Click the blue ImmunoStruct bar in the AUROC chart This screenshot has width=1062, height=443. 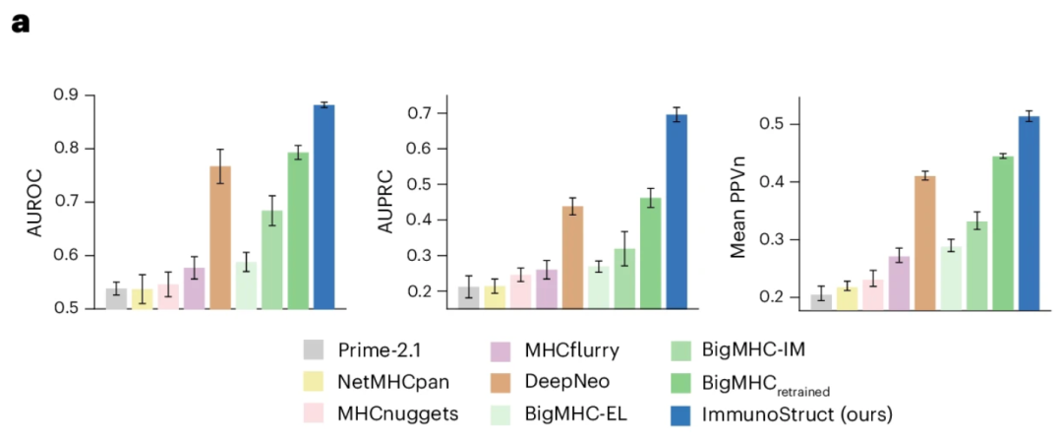click(x=324, y=207)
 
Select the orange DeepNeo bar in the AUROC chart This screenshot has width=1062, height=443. click(x=220, y=237)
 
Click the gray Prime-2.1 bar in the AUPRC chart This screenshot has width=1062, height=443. click(x=468, y=298)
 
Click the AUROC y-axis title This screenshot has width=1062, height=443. click(x=37, y=203)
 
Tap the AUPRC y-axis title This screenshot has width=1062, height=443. click(x=390, y=203)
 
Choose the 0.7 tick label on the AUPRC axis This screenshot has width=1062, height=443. click(x=420, y=113)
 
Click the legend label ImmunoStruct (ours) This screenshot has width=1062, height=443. click(x=797, y=414)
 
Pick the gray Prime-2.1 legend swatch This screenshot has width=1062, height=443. click(x=315, y=349)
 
